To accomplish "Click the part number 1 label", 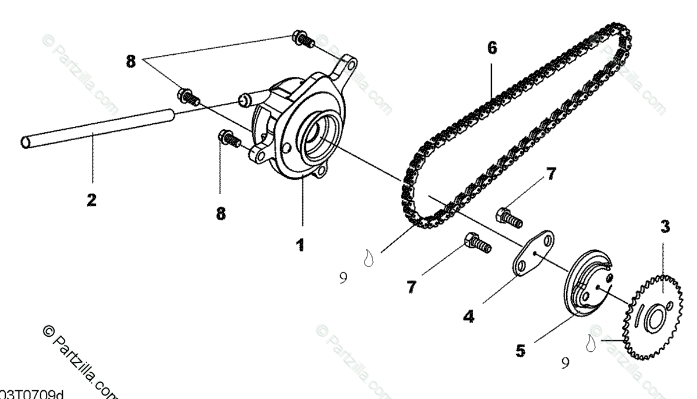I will [x=299, y=245].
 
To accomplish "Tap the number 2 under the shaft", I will [x=91, y=201].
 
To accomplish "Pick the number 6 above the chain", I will [x=492, y=48].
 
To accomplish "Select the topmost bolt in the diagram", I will [x=302, y=40].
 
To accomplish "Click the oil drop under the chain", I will [x=367, y=256].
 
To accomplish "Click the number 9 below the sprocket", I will [x=565, y=363].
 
